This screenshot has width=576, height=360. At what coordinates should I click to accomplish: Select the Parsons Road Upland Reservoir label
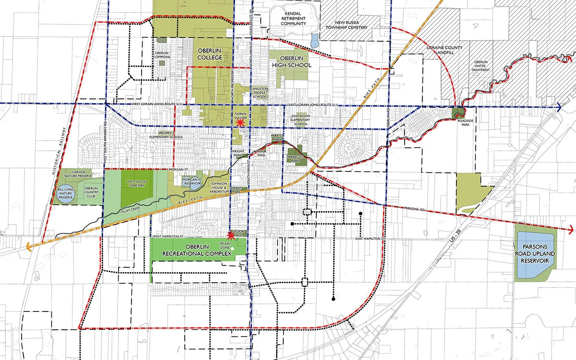(535, 252)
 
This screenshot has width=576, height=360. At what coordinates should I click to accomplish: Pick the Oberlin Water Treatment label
(481, 66)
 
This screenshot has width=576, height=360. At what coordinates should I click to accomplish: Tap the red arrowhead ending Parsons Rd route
(570, 229)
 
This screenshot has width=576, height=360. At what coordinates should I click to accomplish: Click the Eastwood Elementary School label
(300, 120)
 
